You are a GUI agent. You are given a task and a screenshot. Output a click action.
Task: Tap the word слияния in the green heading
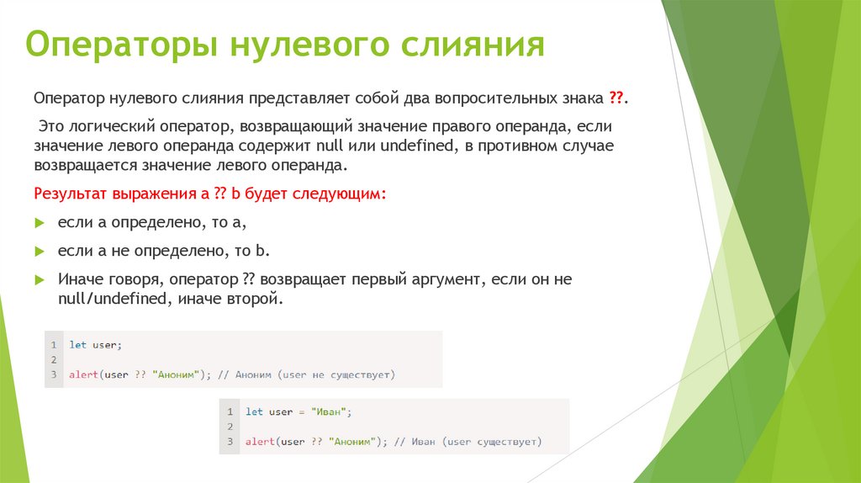(x=471, y=45)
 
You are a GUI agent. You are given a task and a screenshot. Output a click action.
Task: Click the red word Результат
(x=71, y=194)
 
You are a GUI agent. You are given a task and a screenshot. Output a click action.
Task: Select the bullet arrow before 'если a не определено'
(x=39, y=252)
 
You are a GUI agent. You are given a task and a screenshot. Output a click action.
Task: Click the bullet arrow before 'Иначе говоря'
(x=39, y=279)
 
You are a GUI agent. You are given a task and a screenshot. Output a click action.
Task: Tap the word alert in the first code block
(x=83, y=374)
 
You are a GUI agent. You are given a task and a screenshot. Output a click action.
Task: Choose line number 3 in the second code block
(x=229, y=441)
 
